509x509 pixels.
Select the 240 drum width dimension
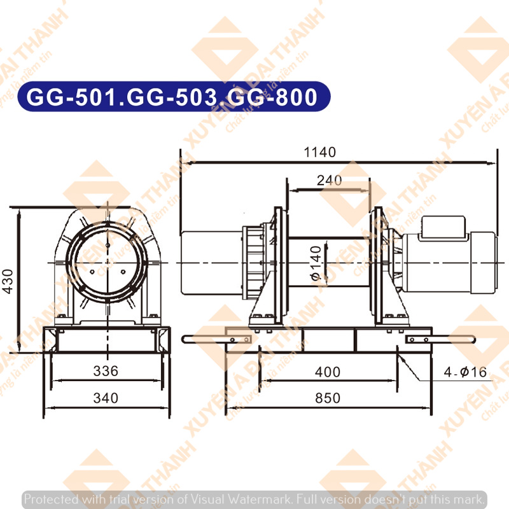coord(329,181)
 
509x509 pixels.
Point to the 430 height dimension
coord(8,281)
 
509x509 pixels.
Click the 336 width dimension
coord(106,371)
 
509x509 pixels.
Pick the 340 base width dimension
coord(106,398)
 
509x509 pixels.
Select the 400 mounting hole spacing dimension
coord(328,372)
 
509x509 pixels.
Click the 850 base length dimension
coord(328,398)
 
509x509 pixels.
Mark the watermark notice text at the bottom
coord(254,498)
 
